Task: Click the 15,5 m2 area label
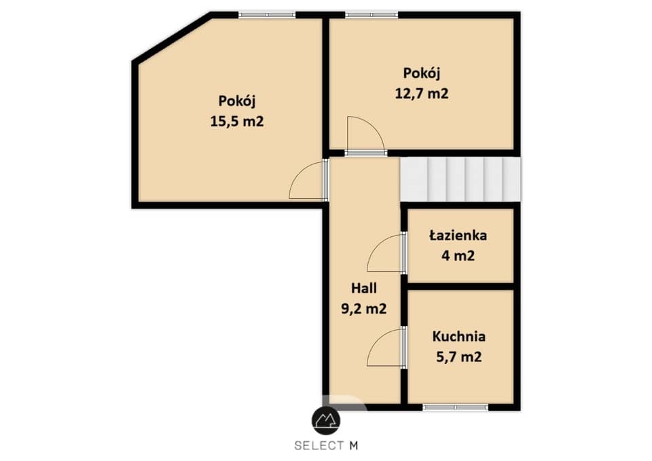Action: [236, 122]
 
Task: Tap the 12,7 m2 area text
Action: [422, 94]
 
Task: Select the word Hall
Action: [364, 288]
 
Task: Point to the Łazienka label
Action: [458, 236]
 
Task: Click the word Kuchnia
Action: [458, 336]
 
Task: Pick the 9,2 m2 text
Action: [364, 309]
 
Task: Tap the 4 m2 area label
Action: [458, 256]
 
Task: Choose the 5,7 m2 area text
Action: [458, 357]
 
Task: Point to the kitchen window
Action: [455, 407]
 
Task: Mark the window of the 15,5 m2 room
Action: [267, 15]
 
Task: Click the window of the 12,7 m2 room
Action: [372, 15]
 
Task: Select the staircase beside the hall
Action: [460, 179]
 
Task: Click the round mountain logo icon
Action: [326, 421]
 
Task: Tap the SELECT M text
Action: [326, 446]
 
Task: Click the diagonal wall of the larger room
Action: [172, 38]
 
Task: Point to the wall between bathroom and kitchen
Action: [460, 287]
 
